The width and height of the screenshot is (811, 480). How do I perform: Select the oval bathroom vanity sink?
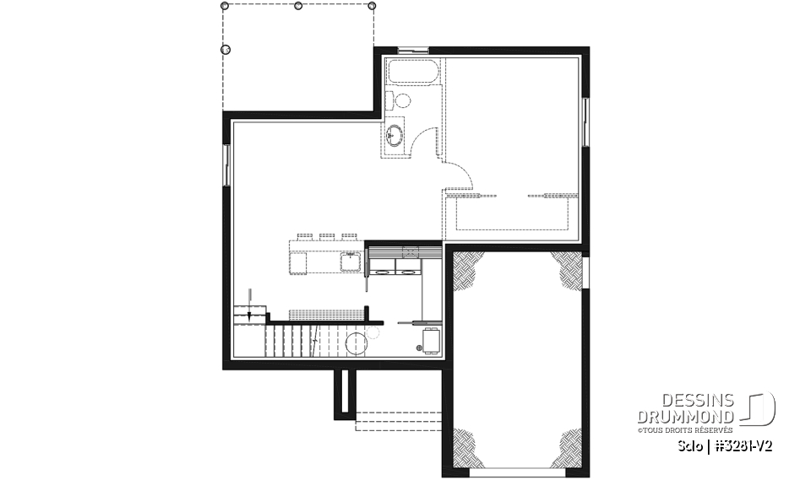point(395,133)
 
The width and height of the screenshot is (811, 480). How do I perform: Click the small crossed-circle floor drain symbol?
point(419,347)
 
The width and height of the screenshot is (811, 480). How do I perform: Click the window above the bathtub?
point(413,51)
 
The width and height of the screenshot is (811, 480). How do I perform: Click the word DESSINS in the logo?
point(705,401)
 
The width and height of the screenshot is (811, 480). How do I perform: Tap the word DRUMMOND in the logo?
point(685,416)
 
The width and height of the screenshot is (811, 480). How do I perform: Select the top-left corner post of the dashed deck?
point(225,6)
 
